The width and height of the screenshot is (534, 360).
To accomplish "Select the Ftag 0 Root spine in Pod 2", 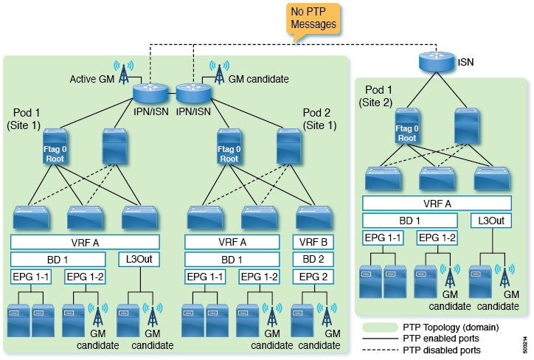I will (229, 147).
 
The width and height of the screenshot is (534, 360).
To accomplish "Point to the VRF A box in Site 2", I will (437, 203).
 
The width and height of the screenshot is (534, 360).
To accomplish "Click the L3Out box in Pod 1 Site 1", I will (139, 259).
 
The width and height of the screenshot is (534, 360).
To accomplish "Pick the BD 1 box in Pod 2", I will (232, 259).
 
